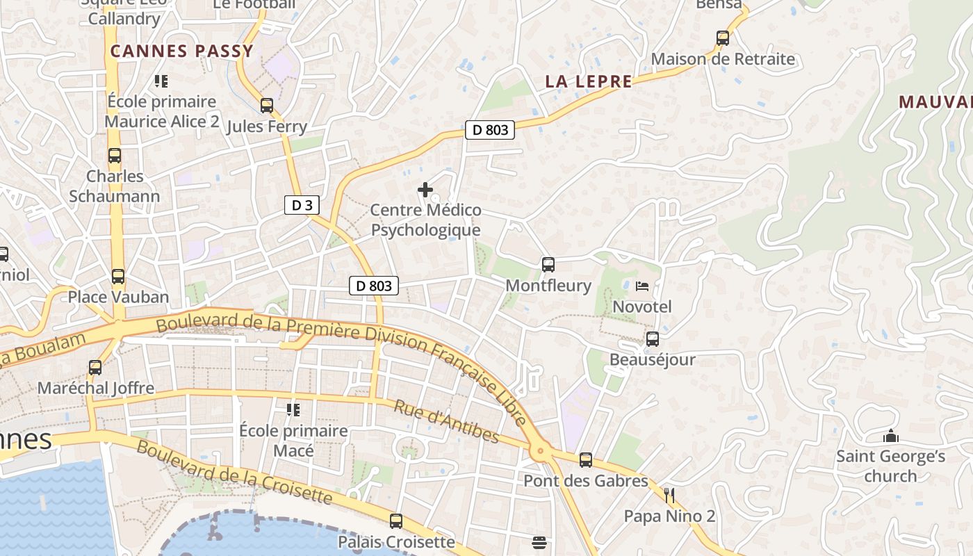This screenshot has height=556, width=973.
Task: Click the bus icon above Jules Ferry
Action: pyautogui.click(x=266, y=106)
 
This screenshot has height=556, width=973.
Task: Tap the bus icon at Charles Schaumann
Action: pyautogui.click(x=115, y=156)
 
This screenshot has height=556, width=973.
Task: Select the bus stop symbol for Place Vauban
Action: pyautogui.click(x=118, y=277)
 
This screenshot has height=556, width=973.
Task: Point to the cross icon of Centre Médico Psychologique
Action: pyautogui.click(x=425, y=189)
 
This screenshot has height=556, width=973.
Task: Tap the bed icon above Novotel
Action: pyautogui.click(x=642, y=286)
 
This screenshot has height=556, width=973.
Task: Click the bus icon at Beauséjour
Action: pyautogui.click(x=652, y=339)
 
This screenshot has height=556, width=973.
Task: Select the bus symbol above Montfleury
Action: pyautogui.click(x=548, y=265)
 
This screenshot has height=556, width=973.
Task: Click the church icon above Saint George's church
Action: pyautogui.click(x=890, y=436)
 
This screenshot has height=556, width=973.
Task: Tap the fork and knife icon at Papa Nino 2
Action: pyautogui.click(x=669, y=496)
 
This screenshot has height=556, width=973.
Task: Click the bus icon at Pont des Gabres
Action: pyautogui.click(x=586, y=460)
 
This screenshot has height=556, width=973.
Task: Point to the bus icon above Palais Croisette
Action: pyautogui.click(x=396, y=521)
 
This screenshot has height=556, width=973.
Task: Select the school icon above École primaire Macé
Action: pyautogui.click(x=293, y=410)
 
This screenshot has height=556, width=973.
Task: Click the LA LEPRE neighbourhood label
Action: pyautogui.click(x=589, y=81)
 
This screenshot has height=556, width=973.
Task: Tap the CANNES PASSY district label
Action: pyautogui.click(x=181, y=51)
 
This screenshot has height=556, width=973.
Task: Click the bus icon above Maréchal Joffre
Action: pyautogui.click(x=95, y=367)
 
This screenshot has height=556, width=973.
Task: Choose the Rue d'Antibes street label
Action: pyautogui.click(x=447, y=421)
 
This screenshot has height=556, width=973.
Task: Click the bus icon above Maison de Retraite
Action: pyautogui.click(x=723, y=38)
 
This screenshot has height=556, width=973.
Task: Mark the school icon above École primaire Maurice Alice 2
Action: pyautogui.click(x=161, y=81)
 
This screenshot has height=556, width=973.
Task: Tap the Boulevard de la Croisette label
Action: pyautogui.click(x=234, y=472)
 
